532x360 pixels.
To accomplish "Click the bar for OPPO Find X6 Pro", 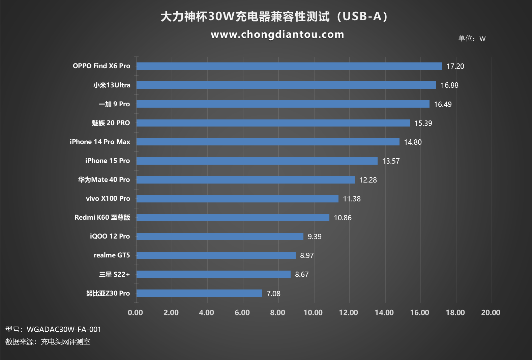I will click(289, 66).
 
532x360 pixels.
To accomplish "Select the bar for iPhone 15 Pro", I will click(257, 161).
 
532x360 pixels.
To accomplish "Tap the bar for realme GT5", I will click(216, 255).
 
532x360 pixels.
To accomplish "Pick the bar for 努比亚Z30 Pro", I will click(199, 293).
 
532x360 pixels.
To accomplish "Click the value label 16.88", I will click(449, 85).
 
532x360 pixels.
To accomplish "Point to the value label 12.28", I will click(368, 180).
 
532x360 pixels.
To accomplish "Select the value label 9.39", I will click(314, 237).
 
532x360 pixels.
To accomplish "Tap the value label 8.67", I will click(301, 275).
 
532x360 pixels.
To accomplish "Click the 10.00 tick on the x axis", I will click(313, 313).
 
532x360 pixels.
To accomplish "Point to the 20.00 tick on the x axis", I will click(491, 313).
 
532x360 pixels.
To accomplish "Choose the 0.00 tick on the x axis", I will click(135, 313).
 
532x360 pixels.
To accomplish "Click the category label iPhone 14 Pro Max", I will click(100, 142).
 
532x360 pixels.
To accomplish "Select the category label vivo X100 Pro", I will click(108, 199).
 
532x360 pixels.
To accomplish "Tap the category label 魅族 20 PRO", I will click(111, 123).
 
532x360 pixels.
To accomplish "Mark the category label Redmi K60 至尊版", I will click(102, 218).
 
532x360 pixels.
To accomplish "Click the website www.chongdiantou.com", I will click(277, 34).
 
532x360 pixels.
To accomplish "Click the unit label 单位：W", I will click(472, 38).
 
